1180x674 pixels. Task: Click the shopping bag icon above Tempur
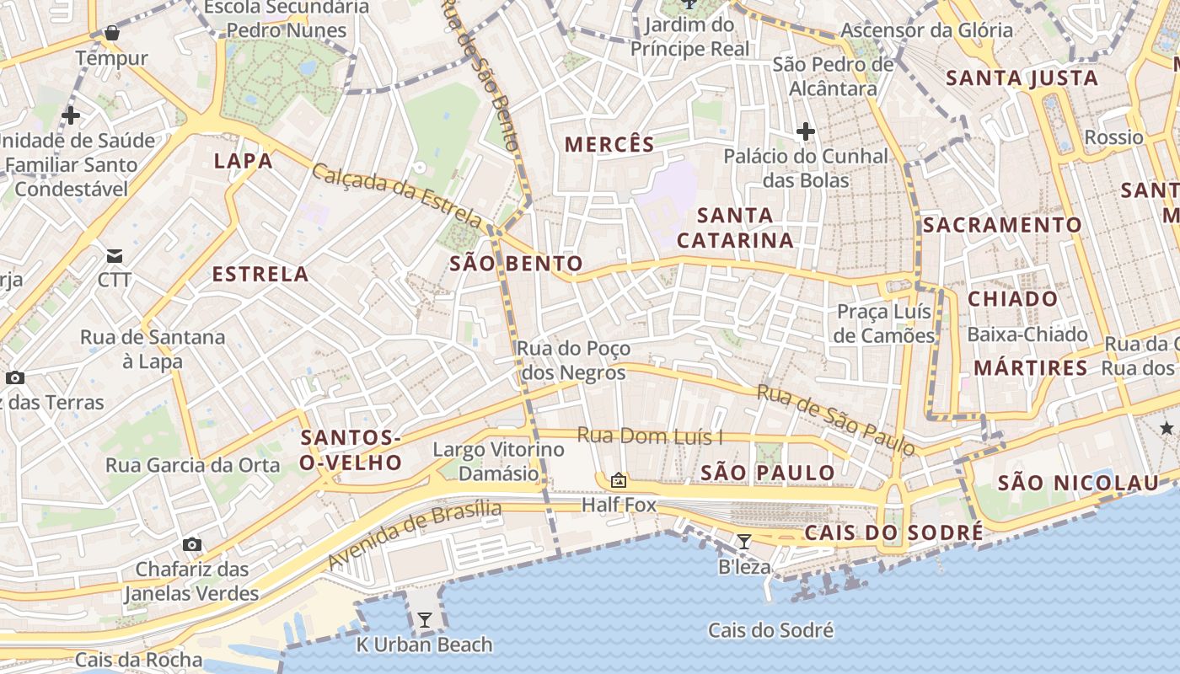coord(111,34)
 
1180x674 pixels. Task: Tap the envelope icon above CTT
coord(114,255)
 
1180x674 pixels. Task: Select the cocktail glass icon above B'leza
coord(743,542)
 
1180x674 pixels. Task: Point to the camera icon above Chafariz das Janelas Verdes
coord(192,544)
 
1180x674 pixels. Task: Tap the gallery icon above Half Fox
coord(619,480)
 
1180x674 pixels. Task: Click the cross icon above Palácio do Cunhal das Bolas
coord(806,131)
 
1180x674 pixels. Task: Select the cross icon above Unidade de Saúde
coord(72,115)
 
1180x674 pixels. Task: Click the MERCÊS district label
coord(609,144)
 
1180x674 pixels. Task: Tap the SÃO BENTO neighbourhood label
coord(516,264)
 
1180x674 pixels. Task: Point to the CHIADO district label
coord(1012,299)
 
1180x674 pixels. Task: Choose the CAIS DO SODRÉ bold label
coord(893,532)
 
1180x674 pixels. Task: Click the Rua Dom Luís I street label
coord(651,436)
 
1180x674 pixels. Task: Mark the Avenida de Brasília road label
coord(414,534)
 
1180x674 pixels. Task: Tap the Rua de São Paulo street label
coord(836,420)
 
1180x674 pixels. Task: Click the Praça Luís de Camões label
coord(884,324)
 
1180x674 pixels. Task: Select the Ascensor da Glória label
coord(927,30)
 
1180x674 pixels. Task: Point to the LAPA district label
coord(243,161)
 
